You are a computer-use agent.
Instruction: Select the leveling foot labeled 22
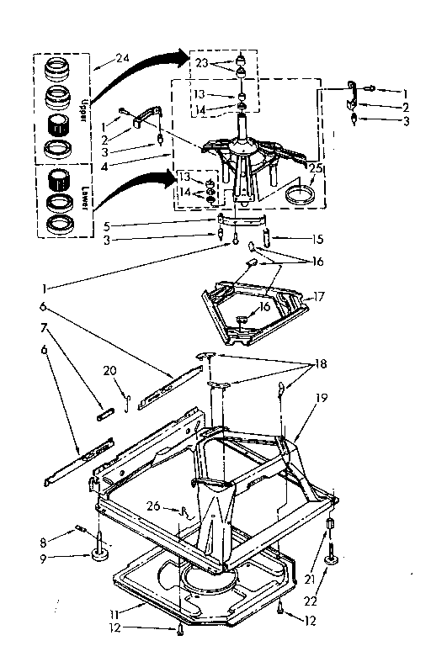click(335, 557)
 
